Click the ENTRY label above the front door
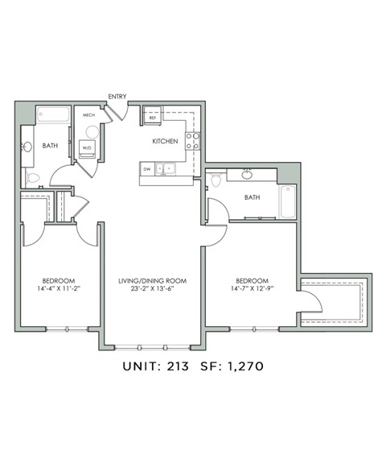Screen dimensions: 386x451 coord(117,97)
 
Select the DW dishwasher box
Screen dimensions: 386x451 coord(147,169)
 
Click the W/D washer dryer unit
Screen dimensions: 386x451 coord(87,149)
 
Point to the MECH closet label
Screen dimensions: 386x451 coord(88,115)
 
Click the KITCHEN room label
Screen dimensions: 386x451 coord(165,141)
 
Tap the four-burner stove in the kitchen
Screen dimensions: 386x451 coord(192,141)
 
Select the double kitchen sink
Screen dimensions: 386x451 coord(165,169)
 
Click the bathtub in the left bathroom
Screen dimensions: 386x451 coord(53,114)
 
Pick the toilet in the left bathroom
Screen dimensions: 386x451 coord(33,178)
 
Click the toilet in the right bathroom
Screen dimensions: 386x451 coord(216,180)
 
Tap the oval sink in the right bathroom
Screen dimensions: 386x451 coord(247,175)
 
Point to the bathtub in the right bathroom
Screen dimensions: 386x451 coord(288,201)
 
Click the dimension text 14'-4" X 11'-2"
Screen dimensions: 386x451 coord(58,288)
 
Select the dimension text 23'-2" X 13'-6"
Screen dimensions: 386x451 coord(153,288)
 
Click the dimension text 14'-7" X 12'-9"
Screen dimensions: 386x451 coord(252,288)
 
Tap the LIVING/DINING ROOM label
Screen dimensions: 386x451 coord(153,281)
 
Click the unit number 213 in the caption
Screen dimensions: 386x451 coord(178,366)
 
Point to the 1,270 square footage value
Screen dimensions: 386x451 coord(245,366)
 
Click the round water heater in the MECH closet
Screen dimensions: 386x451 coord(92,132)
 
